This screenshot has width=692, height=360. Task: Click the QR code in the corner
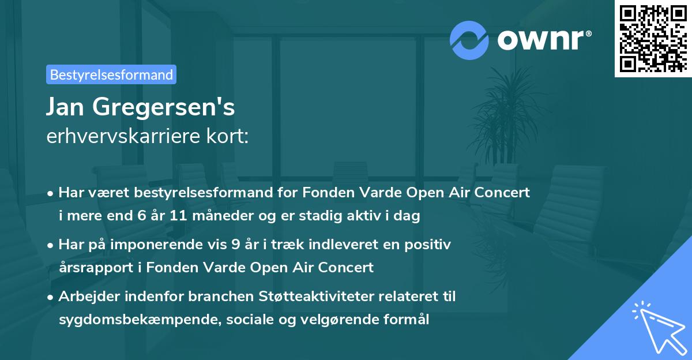coord(653,38)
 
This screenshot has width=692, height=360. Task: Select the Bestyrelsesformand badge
coord(111,74)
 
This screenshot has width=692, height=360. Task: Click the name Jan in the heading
coord(69,107)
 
